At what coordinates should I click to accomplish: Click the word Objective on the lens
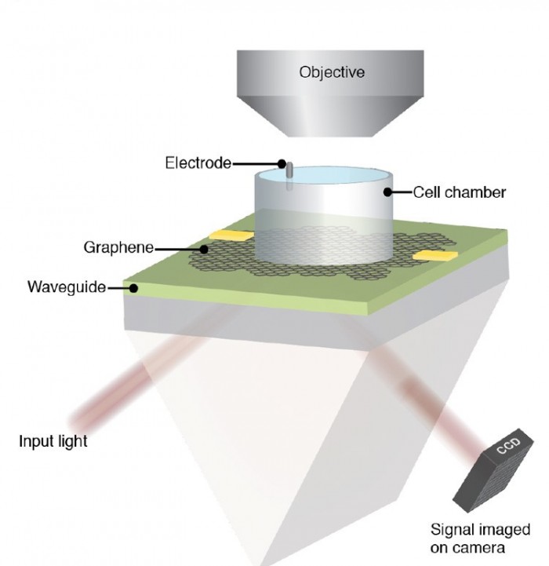click(x=332, y=72)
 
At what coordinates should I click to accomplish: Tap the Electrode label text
click(x=198, y=163)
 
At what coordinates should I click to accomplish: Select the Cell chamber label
click(x=459, y=192)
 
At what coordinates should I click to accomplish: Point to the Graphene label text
click(x=118, y=249)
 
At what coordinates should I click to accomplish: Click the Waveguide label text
click(x=67, y=288)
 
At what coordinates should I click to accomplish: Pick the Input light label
click(x=53, y=440)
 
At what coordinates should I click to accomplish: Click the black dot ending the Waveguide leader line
click(x=134, y=288)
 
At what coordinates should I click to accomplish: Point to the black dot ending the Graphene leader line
click(x=204, y=249)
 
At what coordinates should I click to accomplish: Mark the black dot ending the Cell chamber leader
click(x=386, y=192)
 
